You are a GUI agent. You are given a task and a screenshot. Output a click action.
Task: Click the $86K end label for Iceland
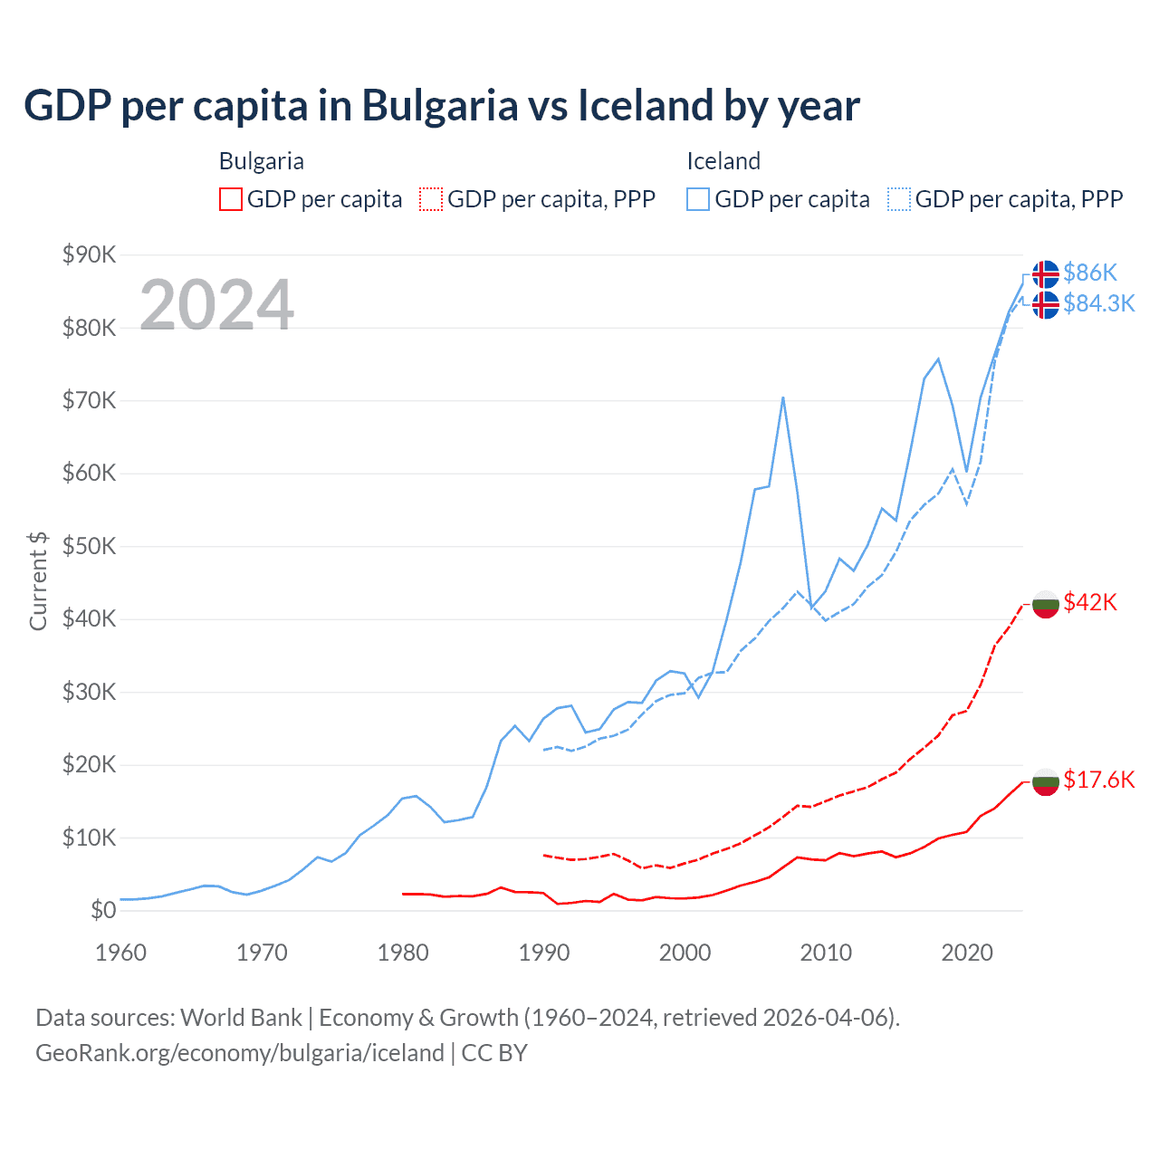pos(1090,273)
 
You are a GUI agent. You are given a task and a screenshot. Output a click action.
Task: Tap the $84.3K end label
pos(1098,303)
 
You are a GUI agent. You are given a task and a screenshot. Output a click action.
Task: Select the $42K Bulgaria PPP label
pos(1090,602)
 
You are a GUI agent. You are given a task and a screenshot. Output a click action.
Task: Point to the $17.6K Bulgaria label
pos(1098,780)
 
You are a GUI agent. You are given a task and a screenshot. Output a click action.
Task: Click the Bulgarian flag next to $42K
pos(1046,604)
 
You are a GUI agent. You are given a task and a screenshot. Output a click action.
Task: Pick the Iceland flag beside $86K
pos(1046,273)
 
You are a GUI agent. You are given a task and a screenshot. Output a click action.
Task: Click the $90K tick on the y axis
pos(89,254)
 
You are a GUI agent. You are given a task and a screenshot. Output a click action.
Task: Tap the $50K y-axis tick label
pos(89,546)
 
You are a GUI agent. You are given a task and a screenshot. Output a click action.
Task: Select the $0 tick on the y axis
pos(103,910)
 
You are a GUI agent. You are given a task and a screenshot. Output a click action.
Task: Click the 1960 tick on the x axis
pos(120,953)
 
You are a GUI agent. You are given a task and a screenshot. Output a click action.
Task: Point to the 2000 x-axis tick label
pos(685,953)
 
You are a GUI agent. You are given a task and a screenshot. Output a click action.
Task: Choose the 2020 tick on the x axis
pos(967,953)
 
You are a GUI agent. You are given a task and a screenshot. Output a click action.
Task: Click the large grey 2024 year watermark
pos(216,305)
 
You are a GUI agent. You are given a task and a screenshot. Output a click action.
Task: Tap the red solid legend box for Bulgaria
pos(231,199)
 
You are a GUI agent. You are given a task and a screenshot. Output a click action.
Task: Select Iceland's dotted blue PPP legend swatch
pos(898,199)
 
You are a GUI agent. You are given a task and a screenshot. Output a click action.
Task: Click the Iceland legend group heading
pos(723,161)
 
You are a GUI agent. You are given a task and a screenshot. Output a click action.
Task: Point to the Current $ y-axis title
pos(38,581)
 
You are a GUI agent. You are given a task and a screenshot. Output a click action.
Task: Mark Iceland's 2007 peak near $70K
pos(782,398)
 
